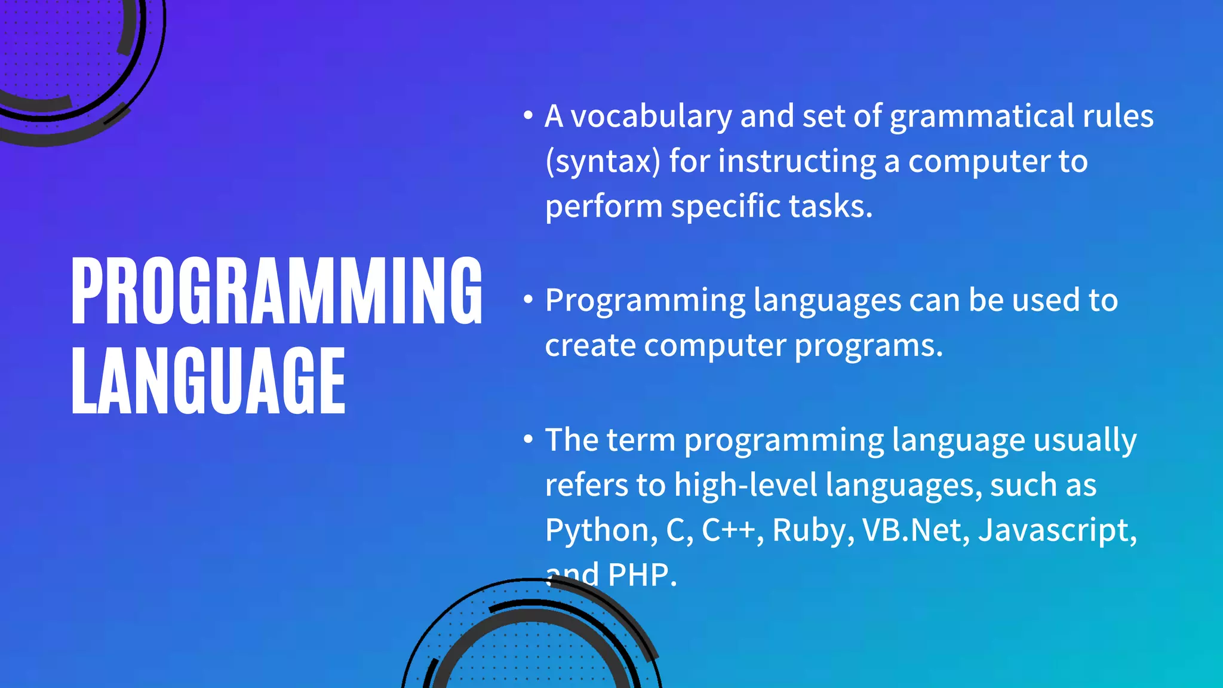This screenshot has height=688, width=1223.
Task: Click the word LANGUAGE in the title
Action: pyautogui.click(x=208, y=380)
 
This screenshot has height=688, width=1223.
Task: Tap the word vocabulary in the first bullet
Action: pyautogui.click(x=651, y=116)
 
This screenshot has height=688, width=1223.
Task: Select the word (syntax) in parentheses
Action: pyautogui.click(x=603, y=162)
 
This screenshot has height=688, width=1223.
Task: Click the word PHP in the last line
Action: pyautogui.click(x=641, y=575)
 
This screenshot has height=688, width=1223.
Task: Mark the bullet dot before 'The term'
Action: pyautogui.click(x=528, y=440)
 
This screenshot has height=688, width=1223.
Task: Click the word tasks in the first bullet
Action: pyautogui.click(x=830, y=207)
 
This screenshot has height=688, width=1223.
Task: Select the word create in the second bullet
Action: pyautogui.click(x=590, y=346)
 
